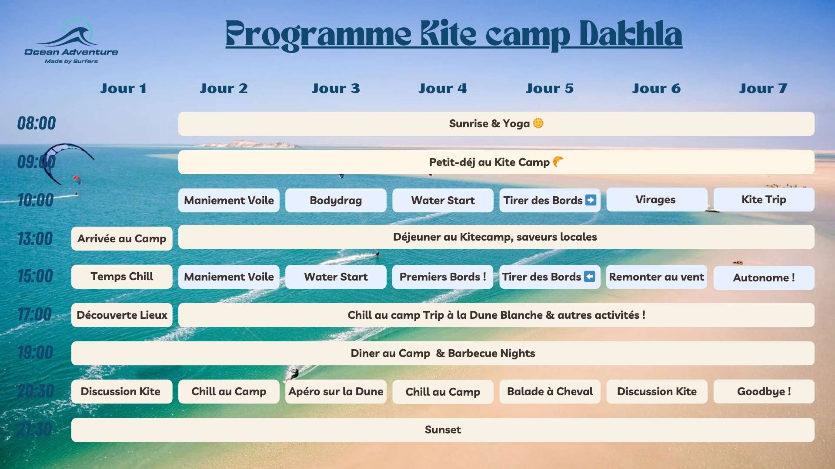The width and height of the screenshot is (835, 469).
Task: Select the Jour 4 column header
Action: (x=443, y=89)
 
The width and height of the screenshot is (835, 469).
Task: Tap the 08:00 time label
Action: (x=37, y=123)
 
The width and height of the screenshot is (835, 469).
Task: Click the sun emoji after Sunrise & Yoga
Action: (x=538, y=123)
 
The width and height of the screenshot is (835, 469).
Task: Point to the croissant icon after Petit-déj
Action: (x=558, y=162)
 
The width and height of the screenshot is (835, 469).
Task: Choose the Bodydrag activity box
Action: (x=336, y=200)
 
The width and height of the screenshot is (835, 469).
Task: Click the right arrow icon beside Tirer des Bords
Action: (x=591, y=200)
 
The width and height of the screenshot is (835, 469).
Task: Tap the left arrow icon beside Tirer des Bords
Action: (x=589, y=277)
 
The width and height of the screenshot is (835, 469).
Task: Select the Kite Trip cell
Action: (x=764, y=200)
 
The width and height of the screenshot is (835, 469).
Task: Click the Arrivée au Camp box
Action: (x=122, y=238)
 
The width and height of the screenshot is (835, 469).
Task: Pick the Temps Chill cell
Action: (x=122, y=277)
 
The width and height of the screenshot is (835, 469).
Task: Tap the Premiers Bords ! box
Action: (x=443, y=277)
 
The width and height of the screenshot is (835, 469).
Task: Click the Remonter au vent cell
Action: (x=657, y=277)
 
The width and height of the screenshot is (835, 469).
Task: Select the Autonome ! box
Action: (x=764, y=278)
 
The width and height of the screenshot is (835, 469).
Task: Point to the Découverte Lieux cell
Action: (x=122, y=315)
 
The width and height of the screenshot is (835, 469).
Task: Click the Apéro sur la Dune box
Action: (x=336, y=392)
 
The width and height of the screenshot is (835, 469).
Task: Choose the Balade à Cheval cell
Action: (x=550, y=392)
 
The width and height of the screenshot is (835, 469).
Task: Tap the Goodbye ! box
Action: (x=764, y=392)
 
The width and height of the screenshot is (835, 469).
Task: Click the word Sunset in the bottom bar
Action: (x=443, y=430)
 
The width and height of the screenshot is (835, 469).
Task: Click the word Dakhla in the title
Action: (x=631, y=34)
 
